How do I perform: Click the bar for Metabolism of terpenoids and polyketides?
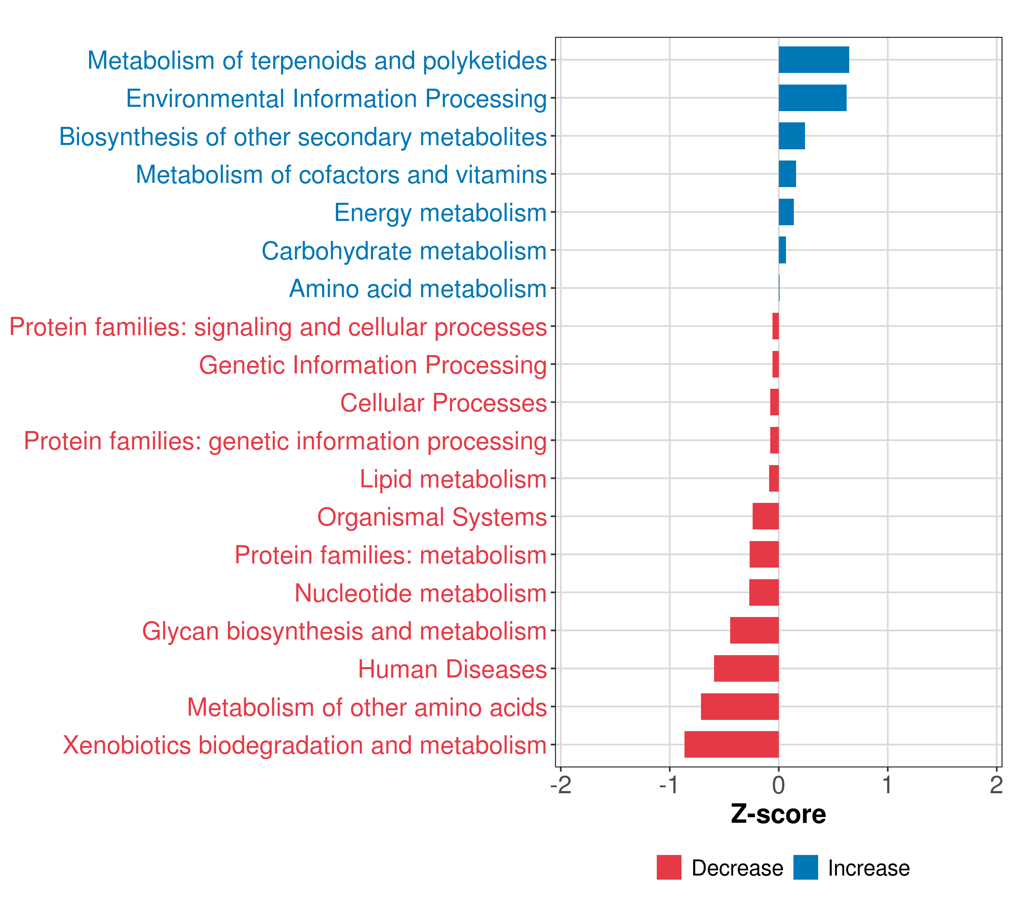tap(814, 60)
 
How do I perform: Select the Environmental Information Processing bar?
tap(812, 98)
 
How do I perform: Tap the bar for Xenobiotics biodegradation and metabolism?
tap(732, 744)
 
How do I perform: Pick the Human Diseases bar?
tap(746, 668)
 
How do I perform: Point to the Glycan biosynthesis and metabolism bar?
tap(754, 630)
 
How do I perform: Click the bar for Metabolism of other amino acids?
tap(740, 706)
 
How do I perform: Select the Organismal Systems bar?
tap(766, 516)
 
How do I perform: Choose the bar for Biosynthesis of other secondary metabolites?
tap(792, 136)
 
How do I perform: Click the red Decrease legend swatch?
tap(669, 867)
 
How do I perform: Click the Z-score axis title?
tap(778, 814)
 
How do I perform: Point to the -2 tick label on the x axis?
tap(561, 785)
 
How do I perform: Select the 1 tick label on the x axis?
tap(887, 785)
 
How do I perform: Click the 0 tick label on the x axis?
tap(778, 785)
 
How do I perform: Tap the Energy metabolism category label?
tap(440, 213)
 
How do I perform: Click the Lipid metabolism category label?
tap(453, 479)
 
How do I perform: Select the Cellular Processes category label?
tap(443, 403)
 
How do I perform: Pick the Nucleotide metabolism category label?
tap(421, 593)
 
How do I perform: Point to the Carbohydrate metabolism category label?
tap(404, 251)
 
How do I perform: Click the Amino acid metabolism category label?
tap(418, 288)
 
